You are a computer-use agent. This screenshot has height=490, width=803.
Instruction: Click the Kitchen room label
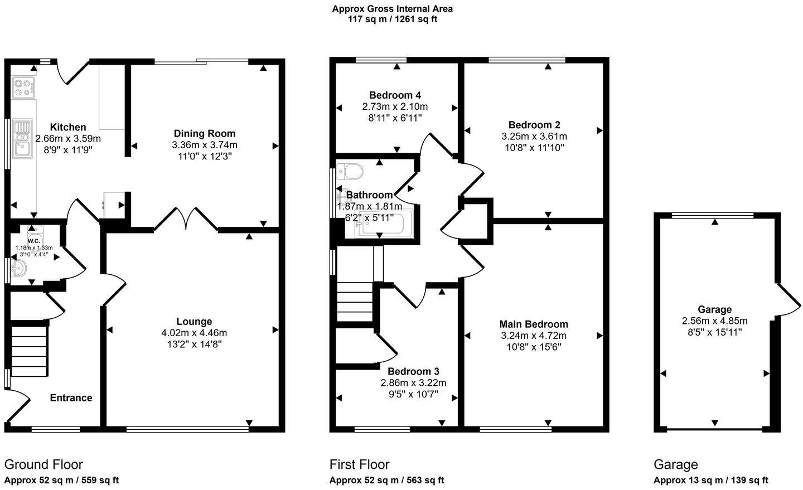click(68, 127)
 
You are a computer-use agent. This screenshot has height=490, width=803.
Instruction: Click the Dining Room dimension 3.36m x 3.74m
click(205, 145)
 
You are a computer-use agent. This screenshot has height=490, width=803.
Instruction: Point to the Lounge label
click(194, 322)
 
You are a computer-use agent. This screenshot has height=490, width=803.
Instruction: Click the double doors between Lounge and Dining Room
click(186, 219)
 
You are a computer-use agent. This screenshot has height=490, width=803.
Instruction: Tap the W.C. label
click(33, 241)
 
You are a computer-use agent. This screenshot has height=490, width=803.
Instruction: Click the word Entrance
click(71, 397)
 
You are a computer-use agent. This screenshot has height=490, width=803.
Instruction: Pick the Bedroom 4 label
click(395, 95)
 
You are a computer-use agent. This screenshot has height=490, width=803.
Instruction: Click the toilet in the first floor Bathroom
click(351, 171)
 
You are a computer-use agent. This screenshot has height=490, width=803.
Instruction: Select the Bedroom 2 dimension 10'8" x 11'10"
click(534, 148)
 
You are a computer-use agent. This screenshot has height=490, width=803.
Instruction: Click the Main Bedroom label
click(534, 324)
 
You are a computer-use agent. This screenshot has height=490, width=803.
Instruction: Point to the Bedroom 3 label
click(413, 371)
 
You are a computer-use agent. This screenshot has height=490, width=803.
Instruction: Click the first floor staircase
click(354, 301)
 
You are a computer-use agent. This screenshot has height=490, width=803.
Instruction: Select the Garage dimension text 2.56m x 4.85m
click(714, 321)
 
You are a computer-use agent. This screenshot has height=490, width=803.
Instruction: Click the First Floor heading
click(359, 464)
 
